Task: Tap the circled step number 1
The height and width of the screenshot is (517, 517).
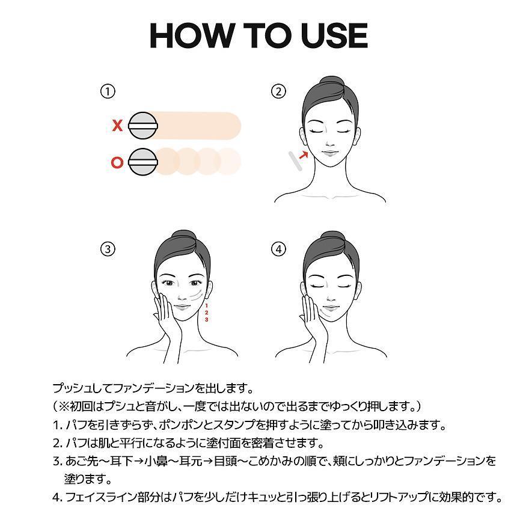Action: (x=108, y=91)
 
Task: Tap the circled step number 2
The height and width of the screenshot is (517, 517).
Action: (x=278, y=91)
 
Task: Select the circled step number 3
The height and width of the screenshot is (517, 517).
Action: (x=108, y=249)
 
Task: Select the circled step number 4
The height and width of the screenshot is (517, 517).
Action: (x=278, y=249)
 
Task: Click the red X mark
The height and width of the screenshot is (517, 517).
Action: (x=118, y=126)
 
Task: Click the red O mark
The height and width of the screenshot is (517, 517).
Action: (x=118, y=162)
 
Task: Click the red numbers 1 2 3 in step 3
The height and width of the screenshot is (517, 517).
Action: (x=206, y=313)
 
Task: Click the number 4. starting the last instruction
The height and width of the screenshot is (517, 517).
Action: (x=57, y=497)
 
